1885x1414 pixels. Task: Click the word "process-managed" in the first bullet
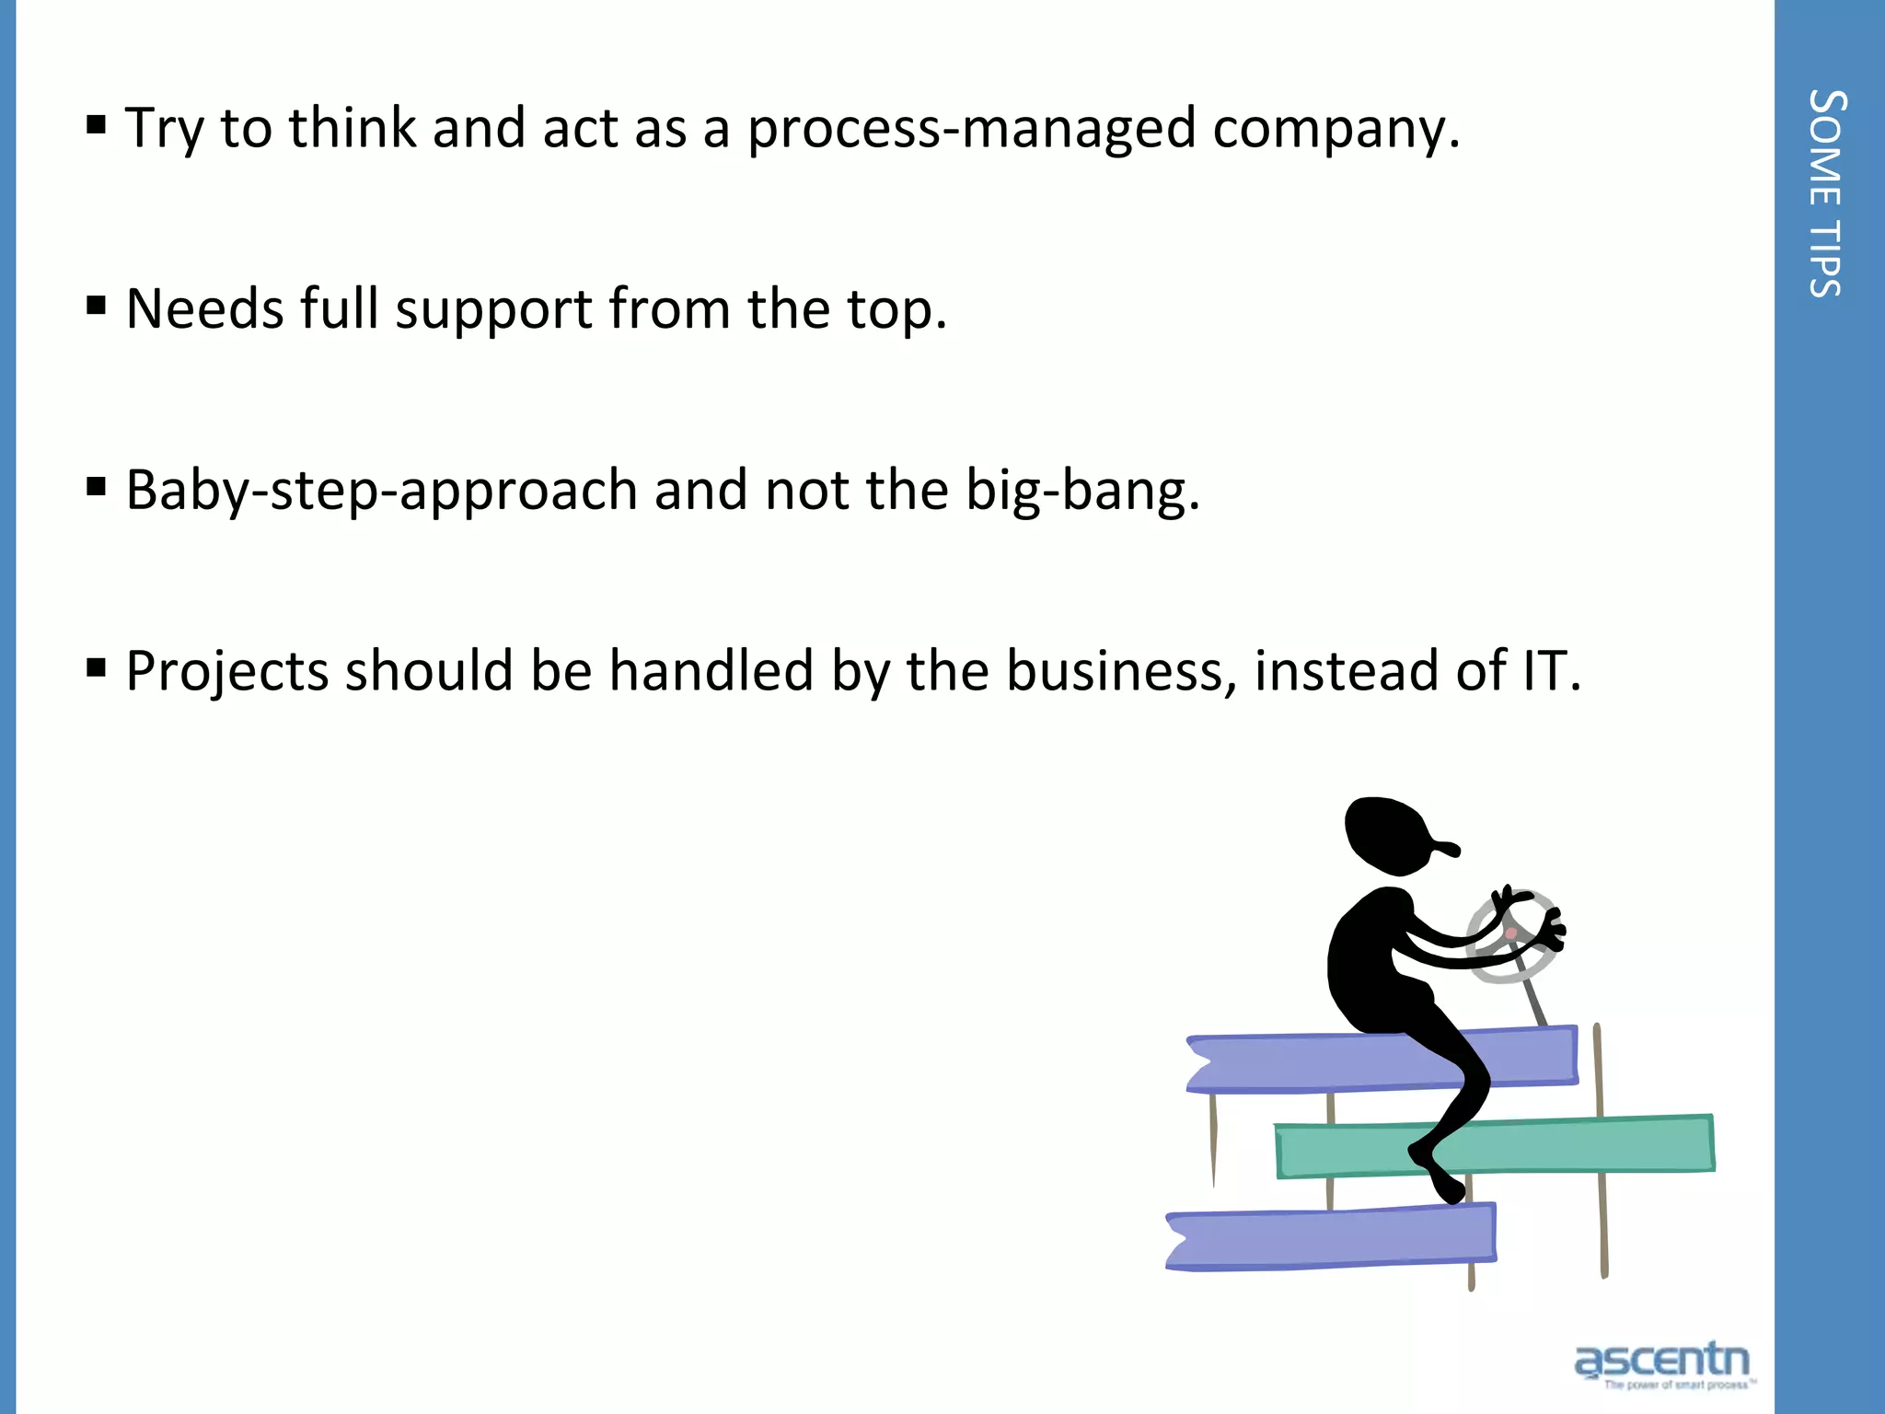(x=971, y=129)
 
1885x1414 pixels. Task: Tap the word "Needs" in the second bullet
(x=204, y=308)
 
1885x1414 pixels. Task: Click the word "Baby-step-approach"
(x=381, y=490)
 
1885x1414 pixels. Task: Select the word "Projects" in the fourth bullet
(x=226, y=671)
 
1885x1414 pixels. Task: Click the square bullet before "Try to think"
(x=97, y=124)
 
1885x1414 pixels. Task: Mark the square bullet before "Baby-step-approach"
(x=97, y=486)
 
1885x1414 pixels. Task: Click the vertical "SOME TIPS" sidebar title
(x=1826, y=193)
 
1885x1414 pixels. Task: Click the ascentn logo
(x=1661, y=1362)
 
